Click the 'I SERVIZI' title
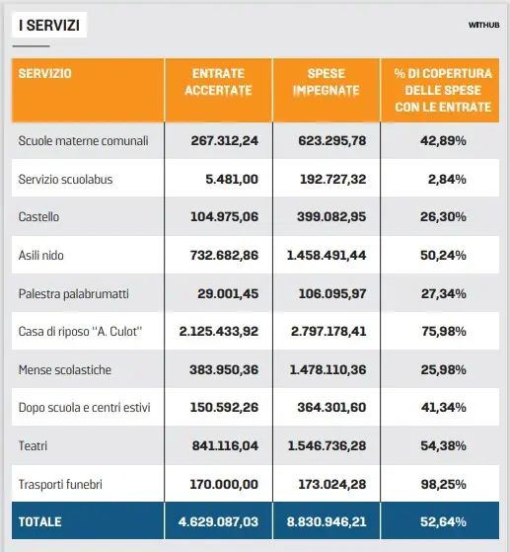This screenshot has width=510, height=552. (x=49, y=26)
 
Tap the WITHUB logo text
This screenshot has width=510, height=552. (x=483, y=25)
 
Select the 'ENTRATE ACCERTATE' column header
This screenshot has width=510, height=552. (x=218, y=82)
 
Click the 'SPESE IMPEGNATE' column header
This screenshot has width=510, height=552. (x=327, y=82)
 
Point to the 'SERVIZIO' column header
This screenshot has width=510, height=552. (x=45, y=74)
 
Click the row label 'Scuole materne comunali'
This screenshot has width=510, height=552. (x=84, y=141)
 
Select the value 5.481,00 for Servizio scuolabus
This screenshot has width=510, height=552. (x=232, y=179)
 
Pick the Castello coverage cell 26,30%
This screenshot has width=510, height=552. (x=443, y=217)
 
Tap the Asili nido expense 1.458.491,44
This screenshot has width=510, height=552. (x=327, y=255)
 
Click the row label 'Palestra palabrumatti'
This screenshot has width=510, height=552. (x=74, y=293)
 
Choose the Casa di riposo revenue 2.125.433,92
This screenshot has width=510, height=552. (x=219, y=331)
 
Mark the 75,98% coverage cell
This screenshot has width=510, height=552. (x=444, y=331)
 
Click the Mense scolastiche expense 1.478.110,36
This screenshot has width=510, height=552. (x=328, y=369)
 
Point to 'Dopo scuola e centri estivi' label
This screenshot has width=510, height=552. (x=85, y=407)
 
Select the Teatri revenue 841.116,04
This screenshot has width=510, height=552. (x=225, y=445)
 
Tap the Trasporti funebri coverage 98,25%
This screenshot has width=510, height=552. (x=444, y=485)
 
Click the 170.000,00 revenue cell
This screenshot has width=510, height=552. (x=224, y=485)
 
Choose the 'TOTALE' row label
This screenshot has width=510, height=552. (x=40, y=521)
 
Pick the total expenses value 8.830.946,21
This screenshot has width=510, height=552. (x=327, y=521)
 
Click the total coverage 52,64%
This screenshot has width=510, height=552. (x=443, y=521)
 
